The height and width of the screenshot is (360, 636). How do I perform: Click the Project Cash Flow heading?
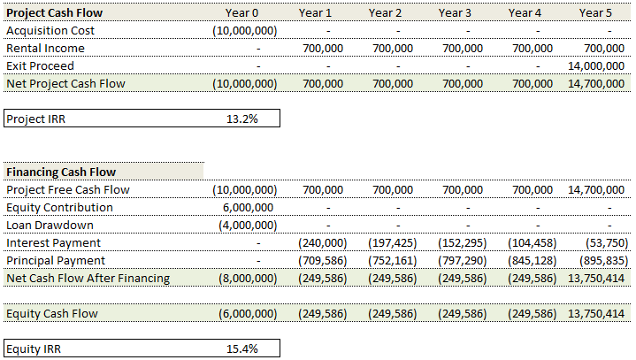click(55, 12)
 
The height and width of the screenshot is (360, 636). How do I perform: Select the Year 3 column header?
click(455, 12)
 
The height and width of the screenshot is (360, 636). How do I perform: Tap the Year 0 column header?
click(242, 12)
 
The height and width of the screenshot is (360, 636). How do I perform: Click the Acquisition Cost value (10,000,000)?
click(245, 30)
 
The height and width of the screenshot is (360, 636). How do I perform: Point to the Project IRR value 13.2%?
click(242, 119)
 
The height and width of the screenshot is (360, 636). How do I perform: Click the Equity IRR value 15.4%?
click(242, 349)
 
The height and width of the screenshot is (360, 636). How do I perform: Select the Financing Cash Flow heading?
click(61, 172)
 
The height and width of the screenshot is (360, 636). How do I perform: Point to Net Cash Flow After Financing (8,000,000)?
click(245, 278)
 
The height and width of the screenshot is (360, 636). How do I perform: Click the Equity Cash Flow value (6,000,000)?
click(245, 313)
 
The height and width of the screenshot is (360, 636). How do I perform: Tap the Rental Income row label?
click(45, 48)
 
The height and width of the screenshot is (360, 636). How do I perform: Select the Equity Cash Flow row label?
click(52, 313)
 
